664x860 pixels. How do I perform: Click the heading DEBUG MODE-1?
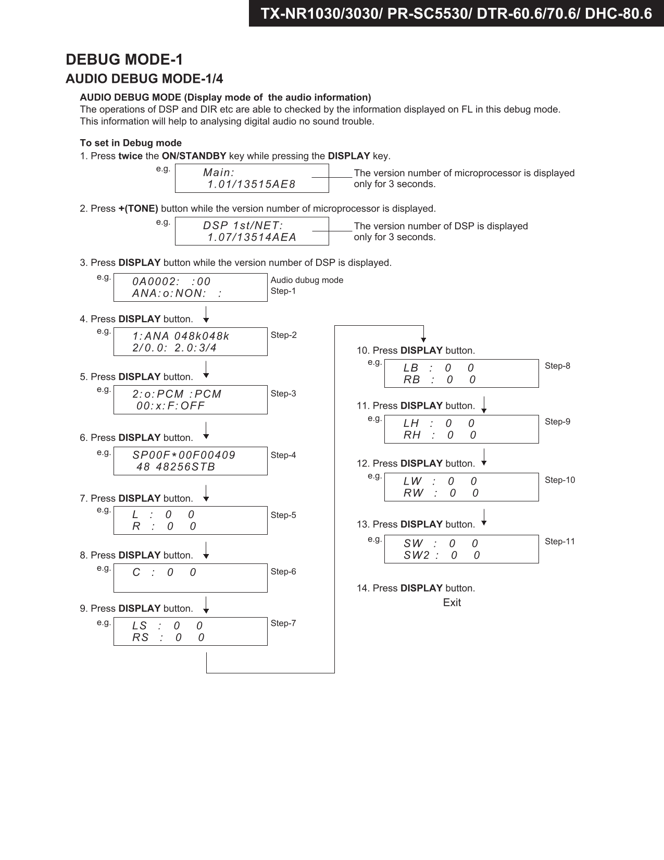point(124,59)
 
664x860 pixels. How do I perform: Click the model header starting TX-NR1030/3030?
point(456,14)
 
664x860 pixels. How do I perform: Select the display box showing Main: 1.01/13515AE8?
point(252,178)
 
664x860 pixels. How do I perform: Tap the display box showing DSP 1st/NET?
point(252,231)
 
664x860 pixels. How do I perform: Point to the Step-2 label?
point(283,335)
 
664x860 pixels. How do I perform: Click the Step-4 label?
point(283,455)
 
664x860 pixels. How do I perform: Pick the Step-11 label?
point(560,542)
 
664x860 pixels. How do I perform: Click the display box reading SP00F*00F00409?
point(190,461)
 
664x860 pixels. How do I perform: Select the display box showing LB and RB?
point(461,374)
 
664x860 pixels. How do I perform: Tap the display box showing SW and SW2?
point(461,549)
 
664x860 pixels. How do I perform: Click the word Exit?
point(452,603)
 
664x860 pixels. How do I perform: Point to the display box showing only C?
point(190,578)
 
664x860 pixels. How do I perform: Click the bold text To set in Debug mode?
point(131,143)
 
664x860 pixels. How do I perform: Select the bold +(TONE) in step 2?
point(138,208)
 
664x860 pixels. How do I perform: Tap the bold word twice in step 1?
point(130,156)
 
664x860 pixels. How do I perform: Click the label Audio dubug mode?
point(307,280)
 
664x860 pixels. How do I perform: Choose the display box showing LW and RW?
point(461,487)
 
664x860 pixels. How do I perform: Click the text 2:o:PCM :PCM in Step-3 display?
point(177,394)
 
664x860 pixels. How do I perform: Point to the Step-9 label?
point(557,422)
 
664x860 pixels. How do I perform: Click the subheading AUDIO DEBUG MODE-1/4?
point(144,79)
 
